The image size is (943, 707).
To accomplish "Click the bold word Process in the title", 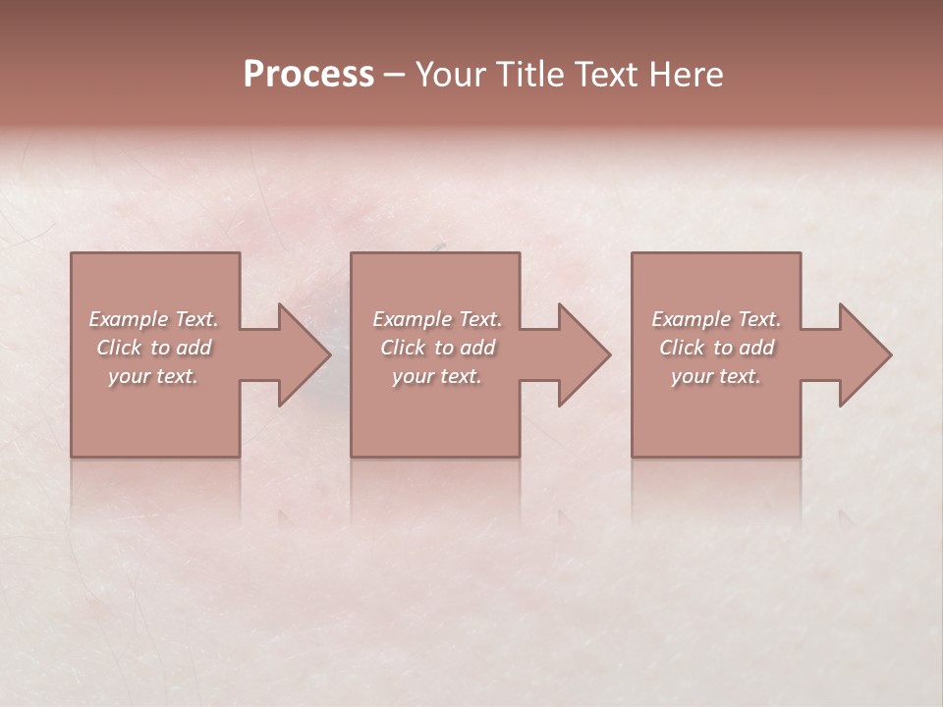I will [308, 74].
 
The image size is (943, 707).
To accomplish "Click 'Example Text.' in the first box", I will [153, 319].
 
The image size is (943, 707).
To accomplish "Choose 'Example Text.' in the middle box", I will [437, 319].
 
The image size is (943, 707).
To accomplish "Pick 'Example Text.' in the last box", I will [716, 319].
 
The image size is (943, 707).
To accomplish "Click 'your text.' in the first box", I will [153, 376].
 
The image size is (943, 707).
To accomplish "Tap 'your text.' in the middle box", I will [437, 376].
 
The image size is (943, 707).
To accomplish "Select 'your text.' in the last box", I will [716, 376].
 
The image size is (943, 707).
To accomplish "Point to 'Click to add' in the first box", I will [153, 348].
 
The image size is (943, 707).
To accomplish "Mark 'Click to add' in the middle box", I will [437, 348].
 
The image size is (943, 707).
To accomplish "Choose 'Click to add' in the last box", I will [716, 348].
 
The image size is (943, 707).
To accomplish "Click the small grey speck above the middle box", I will [440, 245].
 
